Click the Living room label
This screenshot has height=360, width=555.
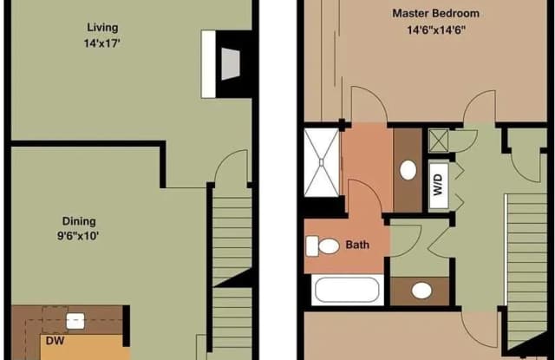click(x=102, y=27)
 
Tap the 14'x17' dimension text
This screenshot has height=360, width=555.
click(x=102, y=43)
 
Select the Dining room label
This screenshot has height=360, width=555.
click(x=79, y=221)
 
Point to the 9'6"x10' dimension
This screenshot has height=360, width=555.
click(x=78, y=236)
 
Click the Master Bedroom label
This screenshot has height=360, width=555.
click(x=435, y=14)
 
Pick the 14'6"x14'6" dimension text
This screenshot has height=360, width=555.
click(x=435, y=30)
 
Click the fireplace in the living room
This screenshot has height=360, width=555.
click(x=226, y=64)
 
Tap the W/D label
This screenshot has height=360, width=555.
click(x=438, y=185)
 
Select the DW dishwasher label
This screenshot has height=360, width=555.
click(x=55, y=341)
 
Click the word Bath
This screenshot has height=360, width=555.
click(x=357, y=245)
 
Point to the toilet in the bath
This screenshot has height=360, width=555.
click(x=323, y=246)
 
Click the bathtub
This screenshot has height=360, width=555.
click(x=347, y=290)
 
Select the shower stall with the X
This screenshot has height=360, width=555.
click(x=322, y=162)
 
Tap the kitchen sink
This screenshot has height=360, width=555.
click(x=75, y=321)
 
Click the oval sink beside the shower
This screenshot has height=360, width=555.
click(x=408, y=170)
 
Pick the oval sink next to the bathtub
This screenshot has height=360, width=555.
click(x=421, y=291)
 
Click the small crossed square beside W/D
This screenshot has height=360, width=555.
click(x=439, y=141)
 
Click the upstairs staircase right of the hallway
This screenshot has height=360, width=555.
click(x=527, y=271)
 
